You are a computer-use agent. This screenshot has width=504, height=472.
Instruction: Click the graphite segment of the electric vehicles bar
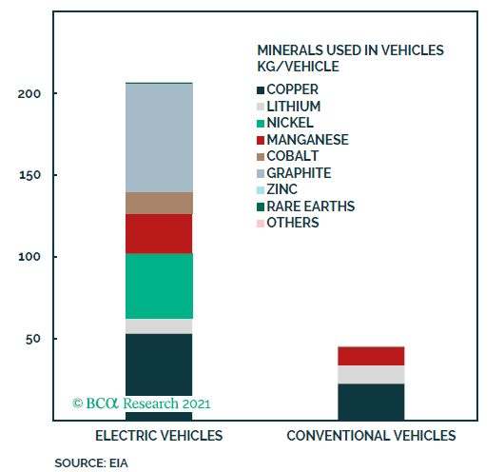pyautogui.click(x=160, y=137)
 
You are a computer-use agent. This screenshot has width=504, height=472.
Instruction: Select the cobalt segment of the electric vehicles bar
pyautogui.click(x=160, y=203)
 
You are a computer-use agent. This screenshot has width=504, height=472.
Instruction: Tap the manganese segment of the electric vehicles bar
pyautogui.click(x=160, y=233)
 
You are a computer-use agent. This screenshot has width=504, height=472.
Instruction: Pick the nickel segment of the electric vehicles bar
pyautogui.click(x=160, y=285)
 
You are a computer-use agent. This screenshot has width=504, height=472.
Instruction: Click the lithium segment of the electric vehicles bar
pyautogui.click(x=160, y=325)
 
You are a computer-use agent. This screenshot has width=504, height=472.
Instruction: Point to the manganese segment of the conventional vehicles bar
pyautogui.click(x=371, y=356)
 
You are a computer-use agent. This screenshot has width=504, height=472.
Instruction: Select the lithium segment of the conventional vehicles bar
pyautogui.click(x=371, y=374)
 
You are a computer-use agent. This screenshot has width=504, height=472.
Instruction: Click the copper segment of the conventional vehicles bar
pyautogui.click(x=371, y=401)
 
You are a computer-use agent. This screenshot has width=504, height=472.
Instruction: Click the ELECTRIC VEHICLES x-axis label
pyautogui.click(x=160, y=436)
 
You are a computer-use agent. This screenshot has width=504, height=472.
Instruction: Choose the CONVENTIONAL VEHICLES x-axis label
pyautogui.click(x=371, y=436)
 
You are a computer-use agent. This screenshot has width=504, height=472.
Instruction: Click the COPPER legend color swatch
pyautogui.click(x=262, y=90)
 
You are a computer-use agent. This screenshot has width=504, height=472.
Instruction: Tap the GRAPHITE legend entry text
pyautogui.click(x=299, y=172)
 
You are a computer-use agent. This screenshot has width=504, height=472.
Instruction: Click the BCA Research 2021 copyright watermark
pyautogui.click(x=142, y=403)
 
